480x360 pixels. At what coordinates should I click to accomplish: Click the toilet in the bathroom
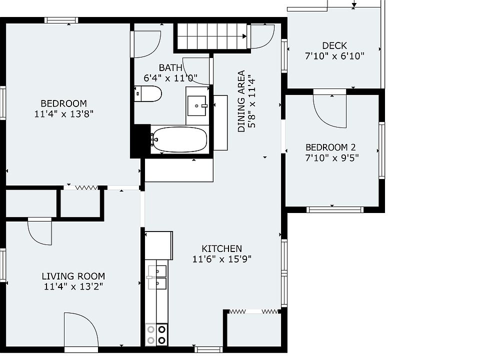pos(148,94)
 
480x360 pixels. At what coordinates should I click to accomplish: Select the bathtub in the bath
pos(179,139)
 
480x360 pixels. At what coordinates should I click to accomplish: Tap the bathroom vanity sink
pos(196,106)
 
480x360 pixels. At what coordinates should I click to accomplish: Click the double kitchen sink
pos(157,277)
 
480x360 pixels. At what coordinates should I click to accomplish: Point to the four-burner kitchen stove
pos(156,334)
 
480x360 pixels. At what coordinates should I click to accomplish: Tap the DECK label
pos(334,46)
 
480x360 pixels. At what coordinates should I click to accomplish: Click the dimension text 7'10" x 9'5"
pos(332,158)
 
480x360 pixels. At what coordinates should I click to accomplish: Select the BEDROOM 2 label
pos(330,147)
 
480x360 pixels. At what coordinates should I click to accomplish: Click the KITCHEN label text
pos(221,248)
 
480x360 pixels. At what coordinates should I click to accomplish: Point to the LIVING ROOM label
pos(73,276)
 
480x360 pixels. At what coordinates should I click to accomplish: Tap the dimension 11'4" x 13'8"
pos(63,114)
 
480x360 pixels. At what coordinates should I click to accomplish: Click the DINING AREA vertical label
pos(241,101)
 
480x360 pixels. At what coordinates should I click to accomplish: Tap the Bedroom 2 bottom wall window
pos(335,209)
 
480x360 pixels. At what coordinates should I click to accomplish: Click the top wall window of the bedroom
pos(61,20)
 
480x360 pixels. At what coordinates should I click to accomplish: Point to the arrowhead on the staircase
pos(244,36)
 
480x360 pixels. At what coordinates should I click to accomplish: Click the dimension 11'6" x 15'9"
pos(221,259)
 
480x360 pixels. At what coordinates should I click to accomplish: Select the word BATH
pos(170,67)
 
